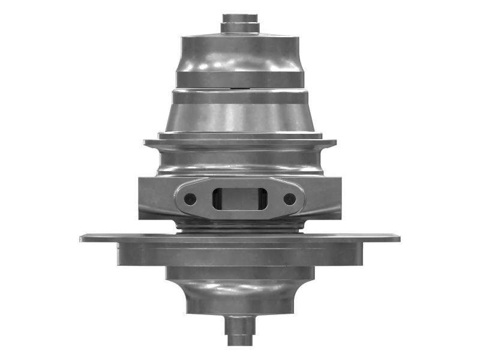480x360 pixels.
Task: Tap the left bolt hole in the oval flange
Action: point(190,199)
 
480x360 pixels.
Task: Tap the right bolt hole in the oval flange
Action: point(290,199)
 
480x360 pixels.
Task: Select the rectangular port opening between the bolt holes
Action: point(240,199)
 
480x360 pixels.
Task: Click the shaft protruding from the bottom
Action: point(240,330)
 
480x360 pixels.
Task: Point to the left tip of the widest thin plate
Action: point(84,238)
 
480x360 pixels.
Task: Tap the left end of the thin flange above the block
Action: point(149,143)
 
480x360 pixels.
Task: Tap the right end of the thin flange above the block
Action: point(331,143)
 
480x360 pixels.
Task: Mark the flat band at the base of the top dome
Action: point(240,80)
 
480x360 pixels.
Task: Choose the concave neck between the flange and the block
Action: point(240,162)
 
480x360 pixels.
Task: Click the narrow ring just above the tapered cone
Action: point(240,97)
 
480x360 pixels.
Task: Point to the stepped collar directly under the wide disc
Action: point(240,273)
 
